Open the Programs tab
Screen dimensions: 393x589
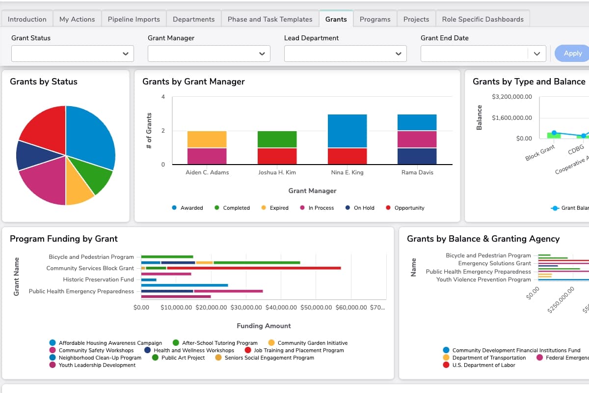(x=375, y=19)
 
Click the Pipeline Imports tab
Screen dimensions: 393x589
(x=134, y=19)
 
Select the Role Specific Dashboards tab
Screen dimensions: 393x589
(x=482, y=19)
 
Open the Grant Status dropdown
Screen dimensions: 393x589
(x=72, y=54)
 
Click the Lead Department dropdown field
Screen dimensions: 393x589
(x=345, y=54)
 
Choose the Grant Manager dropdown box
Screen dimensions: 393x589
(x=209, y=54)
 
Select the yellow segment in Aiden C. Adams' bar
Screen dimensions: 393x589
(x=207, y=140)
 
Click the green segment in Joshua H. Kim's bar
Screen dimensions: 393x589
(x=277, y=140)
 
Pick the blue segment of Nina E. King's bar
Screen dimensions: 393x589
(x=347, y=131)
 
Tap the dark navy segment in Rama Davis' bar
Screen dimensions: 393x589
(x=417, y=156)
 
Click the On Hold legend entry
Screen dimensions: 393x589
(x=363, y=208)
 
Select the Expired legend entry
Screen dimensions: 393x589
(x=278, y=208)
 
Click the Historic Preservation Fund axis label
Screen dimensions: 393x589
(x=98, y=280)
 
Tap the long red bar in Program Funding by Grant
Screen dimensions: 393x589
(x=253, y=268)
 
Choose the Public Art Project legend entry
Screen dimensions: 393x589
(x=183, y=358)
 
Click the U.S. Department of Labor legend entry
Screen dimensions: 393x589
(x=483, y=365)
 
